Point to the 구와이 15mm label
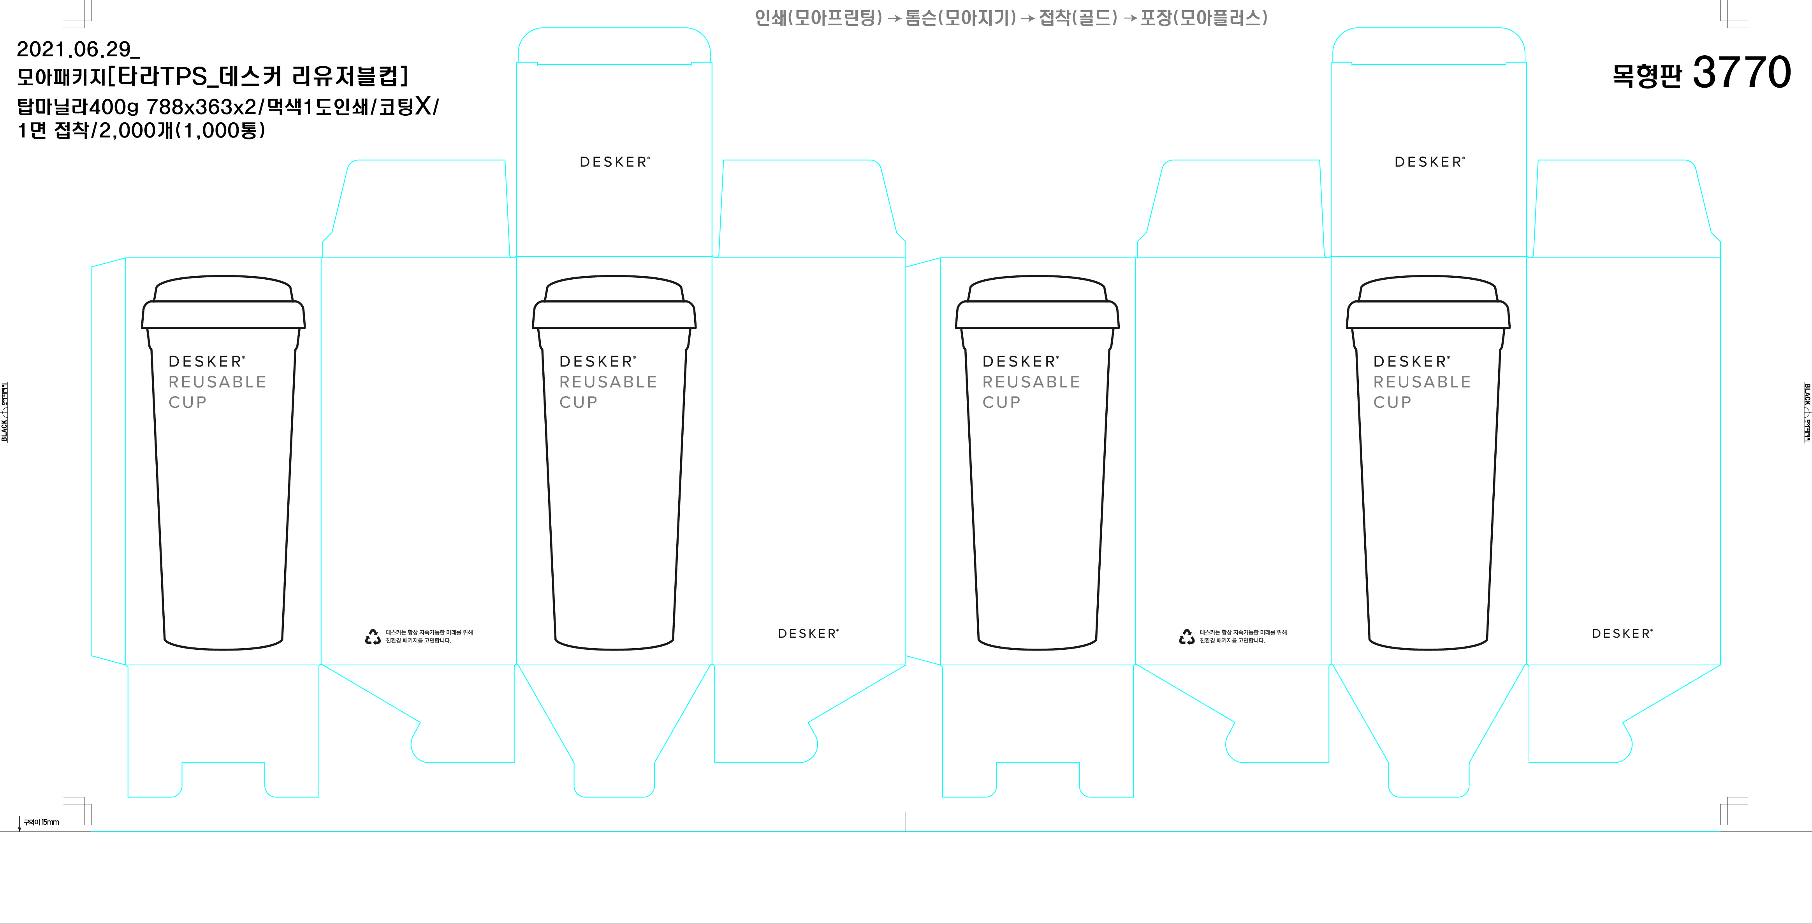42,822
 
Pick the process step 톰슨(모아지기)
960,18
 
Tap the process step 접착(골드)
1078,18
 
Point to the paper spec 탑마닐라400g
78,107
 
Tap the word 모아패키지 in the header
60,76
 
